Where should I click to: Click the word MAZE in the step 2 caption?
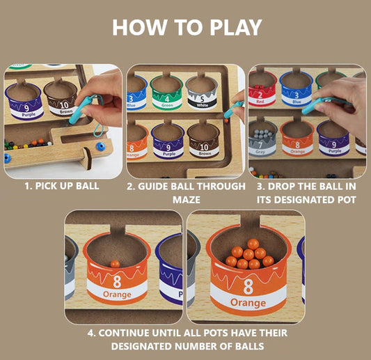click(x=186, y=199)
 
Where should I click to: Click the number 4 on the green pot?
click(x=166, y=99)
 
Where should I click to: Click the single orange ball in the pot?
click(x=115, y=264)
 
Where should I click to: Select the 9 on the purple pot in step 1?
click(x=24, y=107)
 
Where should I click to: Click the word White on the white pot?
click(x=201, y=107)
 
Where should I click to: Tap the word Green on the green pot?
click(x=166, y=107)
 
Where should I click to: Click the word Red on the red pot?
click(x=260, y=102)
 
